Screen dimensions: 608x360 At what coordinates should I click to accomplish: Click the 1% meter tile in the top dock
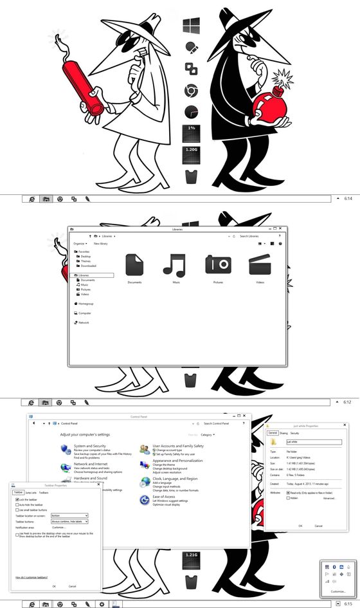point(191,133)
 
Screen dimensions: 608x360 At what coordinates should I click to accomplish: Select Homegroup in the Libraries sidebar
point(85,304)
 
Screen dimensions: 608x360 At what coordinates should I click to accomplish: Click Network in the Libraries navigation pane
point(84,322)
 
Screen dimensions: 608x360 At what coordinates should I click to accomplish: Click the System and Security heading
point(90,446)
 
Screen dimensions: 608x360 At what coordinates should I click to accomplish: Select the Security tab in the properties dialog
point(294,433)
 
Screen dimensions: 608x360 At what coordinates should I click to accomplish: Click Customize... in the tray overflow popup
point(338,591)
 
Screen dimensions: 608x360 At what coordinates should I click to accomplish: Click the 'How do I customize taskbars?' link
point(31,578)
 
